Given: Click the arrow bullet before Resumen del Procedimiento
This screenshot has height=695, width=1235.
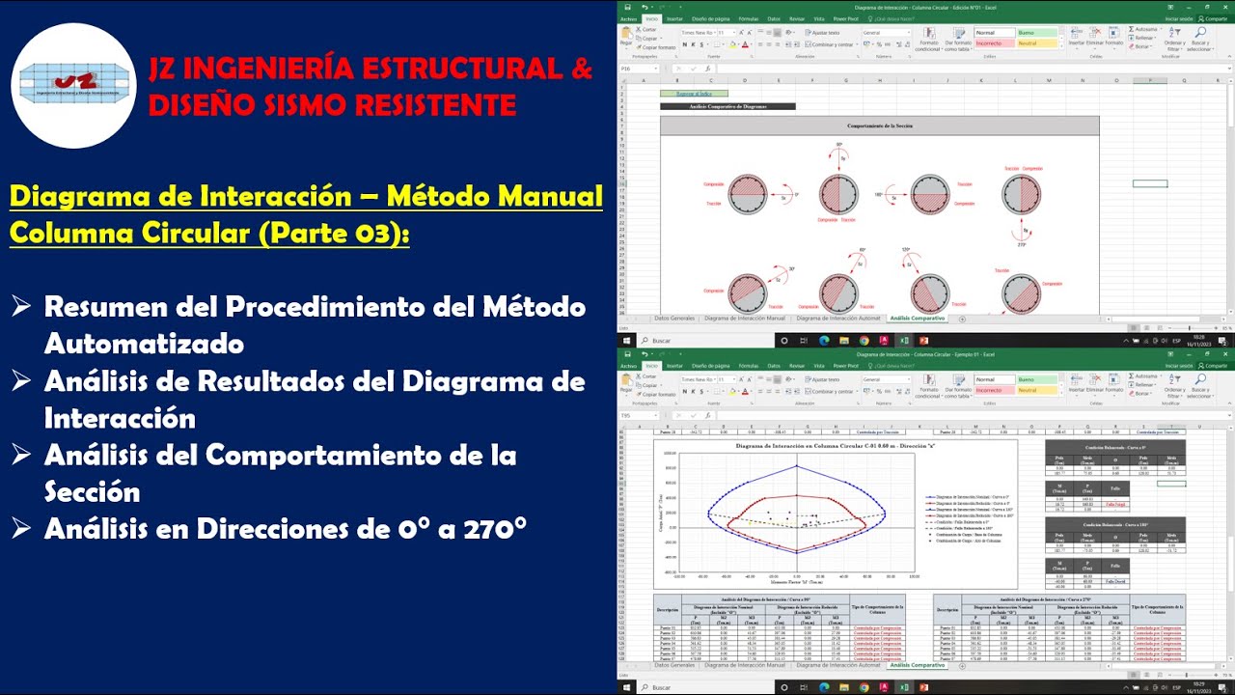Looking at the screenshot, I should pyautogui.click(x=21, y=308).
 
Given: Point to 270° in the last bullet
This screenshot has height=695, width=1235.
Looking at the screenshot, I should pyautogui.click(x=493, y=528).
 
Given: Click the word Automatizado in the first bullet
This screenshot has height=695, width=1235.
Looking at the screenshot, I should pyautogui.click(x=144, y=343).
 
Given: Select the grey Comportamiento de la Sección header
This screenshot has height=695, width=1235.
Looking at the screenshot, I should pyautogui.click(x=879, y=125).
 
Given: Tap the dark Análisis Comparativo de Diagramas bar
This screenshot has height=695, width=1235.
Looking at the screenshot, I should pyautogui.click(x=727, y=106).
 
